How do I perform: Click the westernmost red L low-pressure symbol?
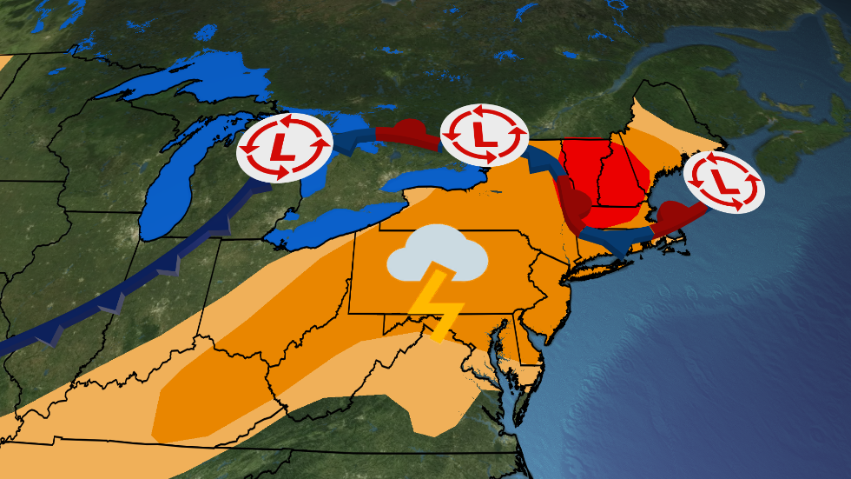284,146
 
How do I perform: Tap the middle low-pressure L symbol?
484,134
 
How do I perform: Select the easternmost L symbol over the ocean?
724,182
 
